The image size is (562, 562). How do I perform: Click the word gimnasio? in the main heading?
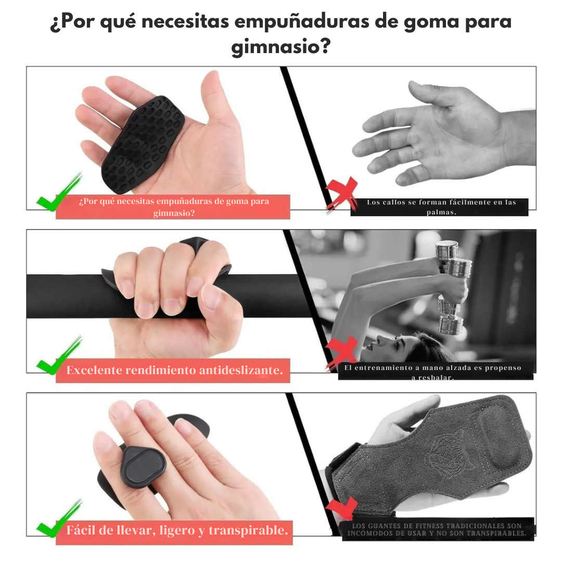(281, 47)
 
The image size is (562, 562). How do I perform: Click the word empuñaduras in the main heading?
(302, 21)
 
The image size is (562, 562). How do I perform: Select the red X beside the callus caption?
(341, 194)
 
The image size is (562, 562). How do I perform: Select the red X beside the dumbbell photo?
(341, 353)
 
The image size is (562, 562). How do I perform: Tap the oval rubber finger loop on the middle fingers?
(144, 467)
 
